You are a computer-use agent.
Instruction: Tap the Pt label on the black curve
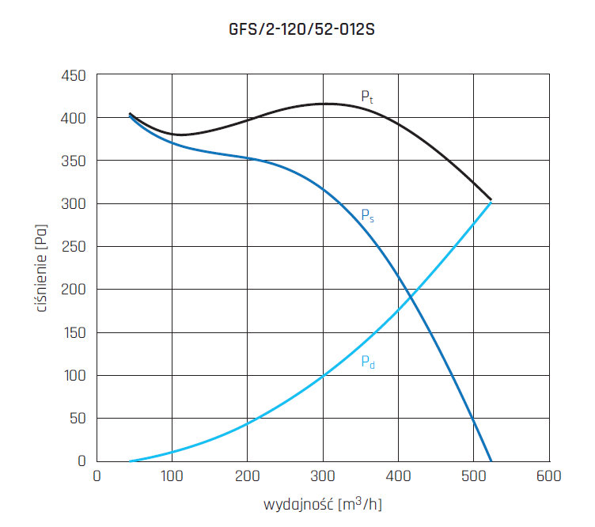click(x=367, y=97)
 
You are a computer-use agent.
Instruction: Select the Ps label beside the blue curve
click(x=367, y=215)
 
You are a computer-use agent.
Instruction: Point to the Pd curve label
click(x=367, y=362)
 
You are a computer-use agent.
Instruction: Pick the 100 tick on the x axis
click(x=172, y=476)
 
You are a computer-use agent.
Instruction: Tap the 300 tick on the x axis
click(x=322, y=476)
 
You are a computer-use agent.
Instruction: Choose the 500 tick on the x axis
click(x=472, y=476)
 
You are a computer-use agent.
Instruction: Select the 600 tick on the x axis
click(x=548, y=476)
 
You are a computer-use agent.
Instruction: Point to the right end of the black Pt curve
click(x=491, y=199)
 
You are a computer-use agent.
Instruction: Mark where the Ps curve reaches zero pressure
click(x=491, y=460)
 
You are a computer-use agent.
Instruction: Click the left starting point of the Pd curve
click(x=130, y=460)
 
